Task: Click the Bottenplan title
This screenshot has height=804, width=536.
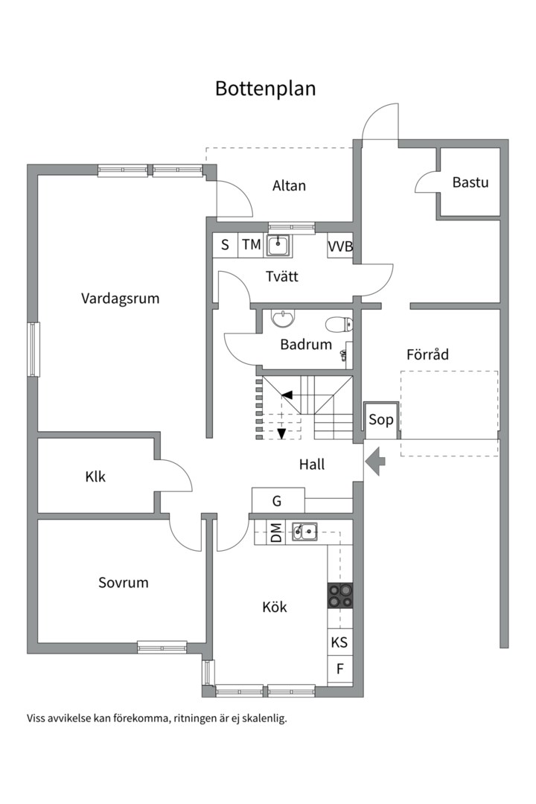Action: (266, 88)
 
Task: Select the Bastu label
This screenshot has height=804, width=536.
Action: (470, 182)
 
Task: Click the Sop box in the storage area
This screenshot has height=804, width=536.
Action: (381, 420)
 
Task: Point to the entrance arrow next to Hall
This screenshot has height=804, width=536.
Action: (377, 461)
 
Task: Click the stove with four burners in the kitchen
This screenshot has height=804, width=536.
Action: (340, 596)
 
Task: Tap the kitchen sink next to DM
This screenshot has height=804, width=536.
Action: (304, 531)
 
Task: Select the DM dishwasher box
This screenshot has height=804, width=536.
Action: (276, 532)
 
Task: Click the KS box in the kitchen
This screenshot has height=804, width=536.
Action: (339, 642)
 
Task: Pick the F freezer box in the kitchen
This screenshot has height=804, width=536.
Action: (340, 669)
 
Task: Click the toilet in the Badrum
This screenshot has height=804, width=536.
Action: (340, 323)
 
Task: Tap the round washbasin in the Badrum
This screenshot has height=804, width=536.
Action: (283, 319)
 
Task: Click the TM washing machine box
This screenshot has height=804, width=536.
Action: (251, 244)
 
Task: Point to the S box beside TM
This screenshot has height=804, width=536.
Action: (225, 244)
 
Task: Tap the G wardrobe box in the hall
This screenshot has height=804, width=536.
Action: (278, 500)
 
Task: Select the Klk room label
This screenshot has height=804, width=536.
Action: (95, 476)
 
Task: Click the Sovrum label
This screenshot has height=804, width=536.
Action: (124, 582)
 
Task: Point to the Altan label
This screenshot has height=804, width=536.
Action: (289, 185)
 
